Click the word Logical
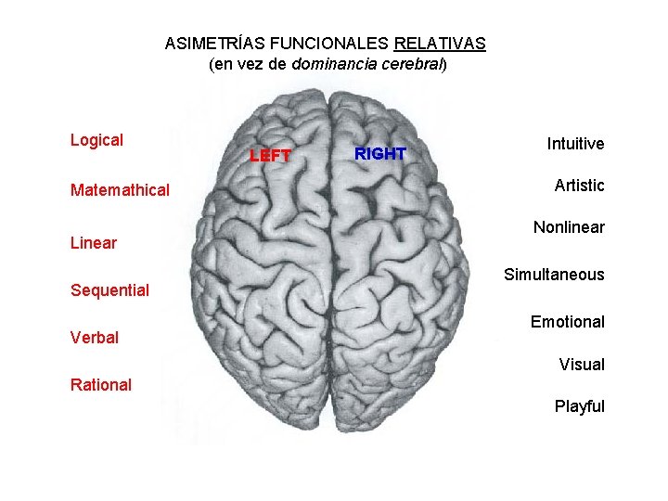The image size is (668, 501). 96,140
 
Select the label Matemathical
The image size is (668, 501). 120,190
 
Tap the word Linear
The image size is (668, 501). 94,243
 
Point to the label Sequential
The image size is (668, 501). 109,290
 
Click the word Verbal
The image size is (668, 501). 95,338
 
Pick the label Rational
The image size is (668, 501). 101,384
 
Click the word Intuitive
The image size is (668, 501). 575,144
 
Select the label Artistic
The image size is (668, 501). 579,186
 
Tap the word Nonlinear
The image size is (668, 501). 569,227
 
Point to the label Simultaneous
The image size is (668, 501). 554,275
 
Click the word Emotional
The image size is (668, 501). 567,322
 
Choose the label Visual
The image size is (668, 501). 582,365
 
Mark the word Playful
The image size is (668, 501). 579,406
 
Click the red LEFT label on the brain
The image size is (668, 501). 270,156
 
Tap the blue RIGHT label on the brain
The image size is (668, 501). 380,154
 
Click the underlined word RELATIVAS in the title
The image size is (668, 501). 440,44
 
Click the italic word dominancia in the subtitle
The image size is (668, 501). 334,65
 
